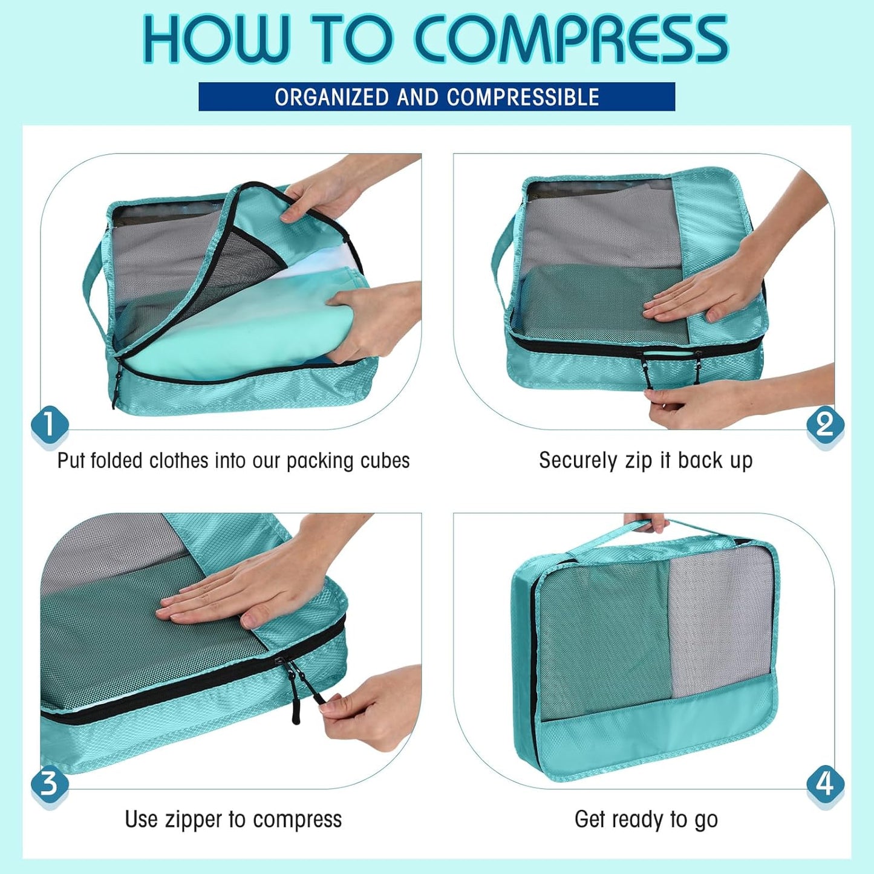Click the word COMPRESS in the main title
click(572, 40)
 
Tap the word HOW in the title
click(215, 40)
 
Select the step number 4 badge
click(825, 784)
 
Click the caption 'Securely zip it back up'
click(645, 461)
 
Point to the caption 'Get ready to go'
click(645, 820)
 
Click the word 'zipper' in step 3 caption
click(193, 820)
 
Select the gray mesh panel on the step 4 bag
click(720, 623)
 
